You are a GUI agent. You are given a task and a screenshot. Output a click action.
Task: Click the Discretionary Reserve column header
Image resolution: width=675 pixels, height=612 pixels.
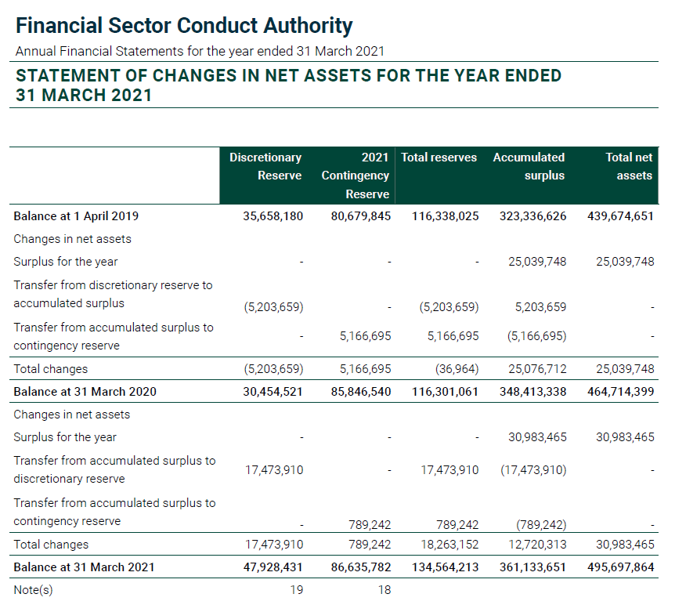pos(265,166)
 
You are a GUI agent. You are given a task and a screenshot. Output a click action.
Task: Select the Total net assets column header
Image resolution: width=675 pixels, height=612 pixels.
pos(629,166)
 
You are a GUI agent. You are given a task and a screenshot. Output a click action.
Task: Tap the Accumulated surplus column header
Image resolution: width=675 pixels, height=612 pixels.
pos(529,166)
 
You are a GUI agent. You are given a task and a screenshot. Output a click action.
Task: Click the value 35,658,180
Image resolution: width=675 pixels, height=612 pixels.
pos(273,216)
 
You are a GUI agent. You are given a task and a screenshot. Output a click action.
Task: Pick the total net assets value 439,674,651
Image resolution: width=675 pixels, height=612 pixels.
pos(620,216)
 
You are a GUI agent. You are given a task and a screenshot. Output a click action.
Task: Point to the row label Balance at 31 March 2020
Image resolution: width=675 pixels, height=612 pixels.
pos(85,392)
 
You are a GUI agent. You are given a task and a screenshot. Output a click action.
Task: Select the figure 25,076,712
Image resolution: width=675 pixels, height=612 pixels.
pos(532,369)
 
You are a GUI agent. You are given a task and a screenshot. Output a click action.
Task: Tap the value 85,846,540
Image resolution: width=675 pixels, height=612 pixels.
pos(361,392)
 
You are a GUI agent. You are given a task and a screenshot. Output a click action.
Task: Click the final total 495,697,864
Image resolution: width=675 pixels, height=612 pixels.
pos(620,567)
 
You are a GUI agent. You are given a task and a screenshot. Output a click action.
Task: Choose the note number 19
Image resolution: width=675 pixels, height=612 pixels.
pos(296,590)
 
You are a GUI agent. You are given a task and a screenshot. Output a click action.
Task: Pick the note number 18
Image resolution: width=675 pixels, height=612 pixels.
pos(384,590)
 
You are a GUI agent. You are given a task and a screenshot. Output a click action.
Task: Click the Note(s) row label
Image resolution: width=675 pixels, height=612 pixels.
pos(33,590)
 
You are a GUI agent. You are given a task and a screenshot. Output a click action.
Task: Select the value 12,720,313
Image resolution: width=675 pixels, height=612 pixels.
pos(532,545)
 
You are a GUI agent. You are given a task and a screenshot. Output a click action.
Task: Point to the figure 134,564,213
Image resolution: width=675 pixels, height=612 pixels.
pos(445,567)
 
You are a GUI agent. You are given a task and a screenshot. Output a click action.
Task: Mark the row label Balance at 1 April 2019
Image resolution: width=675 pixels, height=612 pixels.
pos(76,216)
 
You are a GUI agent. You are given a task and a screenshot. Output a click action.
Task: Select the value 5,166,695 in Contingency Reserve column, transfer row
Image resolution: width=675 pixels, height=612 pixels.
pos(365,336)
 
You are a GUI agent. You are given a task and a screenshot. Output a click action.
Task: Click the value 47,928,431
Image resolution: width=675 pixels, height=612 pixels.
pos(273,567)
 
